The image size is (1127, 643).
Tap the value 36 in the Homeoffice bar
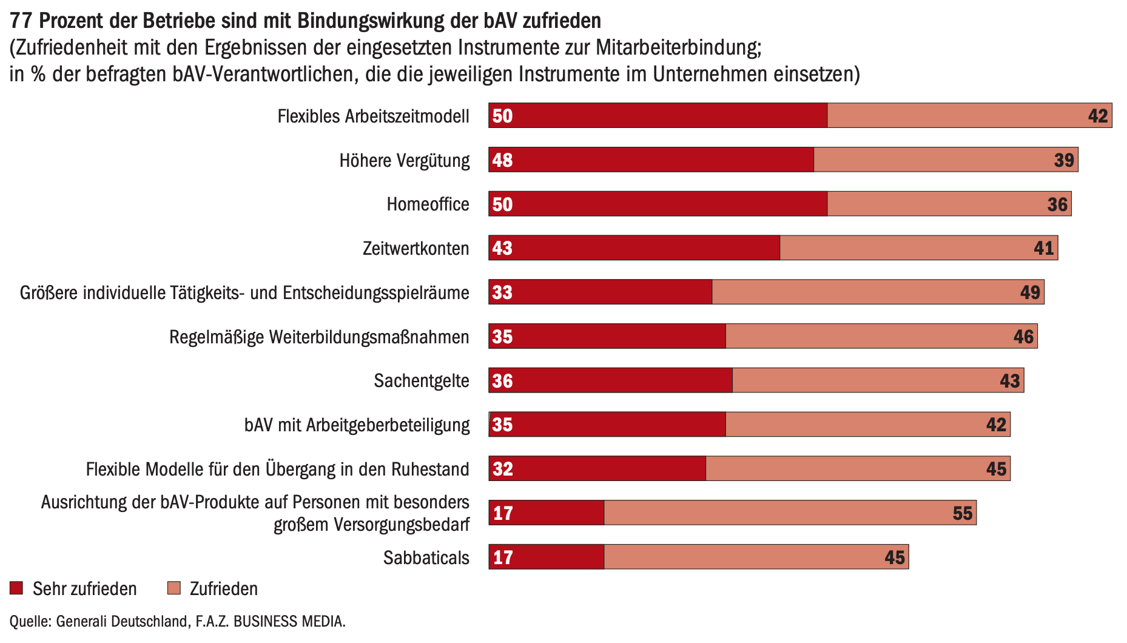[x=1057, y=204]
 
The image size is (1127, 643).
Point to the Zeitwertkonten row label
[x=415, y=249]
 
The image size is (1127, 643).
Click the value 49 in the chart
[x=1030, y=292]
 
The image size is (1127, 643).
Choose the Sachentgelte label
[x=421, y=381]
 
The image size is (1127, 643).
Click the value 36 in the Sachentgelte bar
[x=503, y=381]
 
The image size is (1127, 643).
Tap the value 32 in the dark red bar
[x=503, y=469]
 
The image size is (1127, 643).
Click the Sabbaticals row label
[x=426, y=557]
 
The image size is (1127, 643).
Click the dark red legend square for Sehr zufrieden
[x=16, y=588]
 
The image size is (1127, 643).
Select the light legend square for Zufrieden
[x=174, y=588]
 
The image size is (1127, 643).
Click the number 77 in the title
[x=21, y=21]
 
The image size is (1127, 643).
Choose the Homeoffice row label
[x=428, y=204]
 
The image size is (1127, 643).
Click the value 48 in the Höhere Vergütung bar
[x=503, y=160]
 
